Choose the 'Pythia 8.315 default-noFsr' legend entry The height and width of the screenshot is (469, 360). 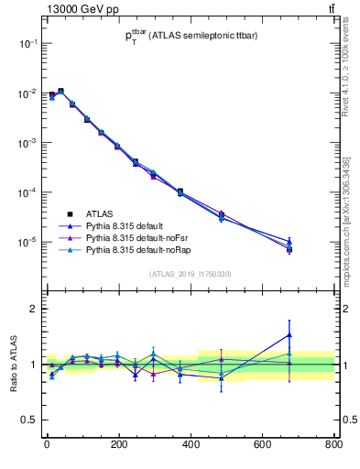134,236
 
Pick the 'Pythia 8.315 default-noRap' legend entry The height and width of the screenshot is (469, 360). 136,249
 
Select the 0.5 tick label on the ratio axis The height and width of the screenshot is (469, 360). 27,420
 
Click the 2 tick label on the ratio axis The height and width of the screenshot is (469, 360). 32,309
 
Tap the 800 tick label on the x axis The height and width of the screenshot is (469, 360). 333,445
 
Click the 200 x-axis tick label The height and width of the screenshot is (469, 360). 118,445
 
